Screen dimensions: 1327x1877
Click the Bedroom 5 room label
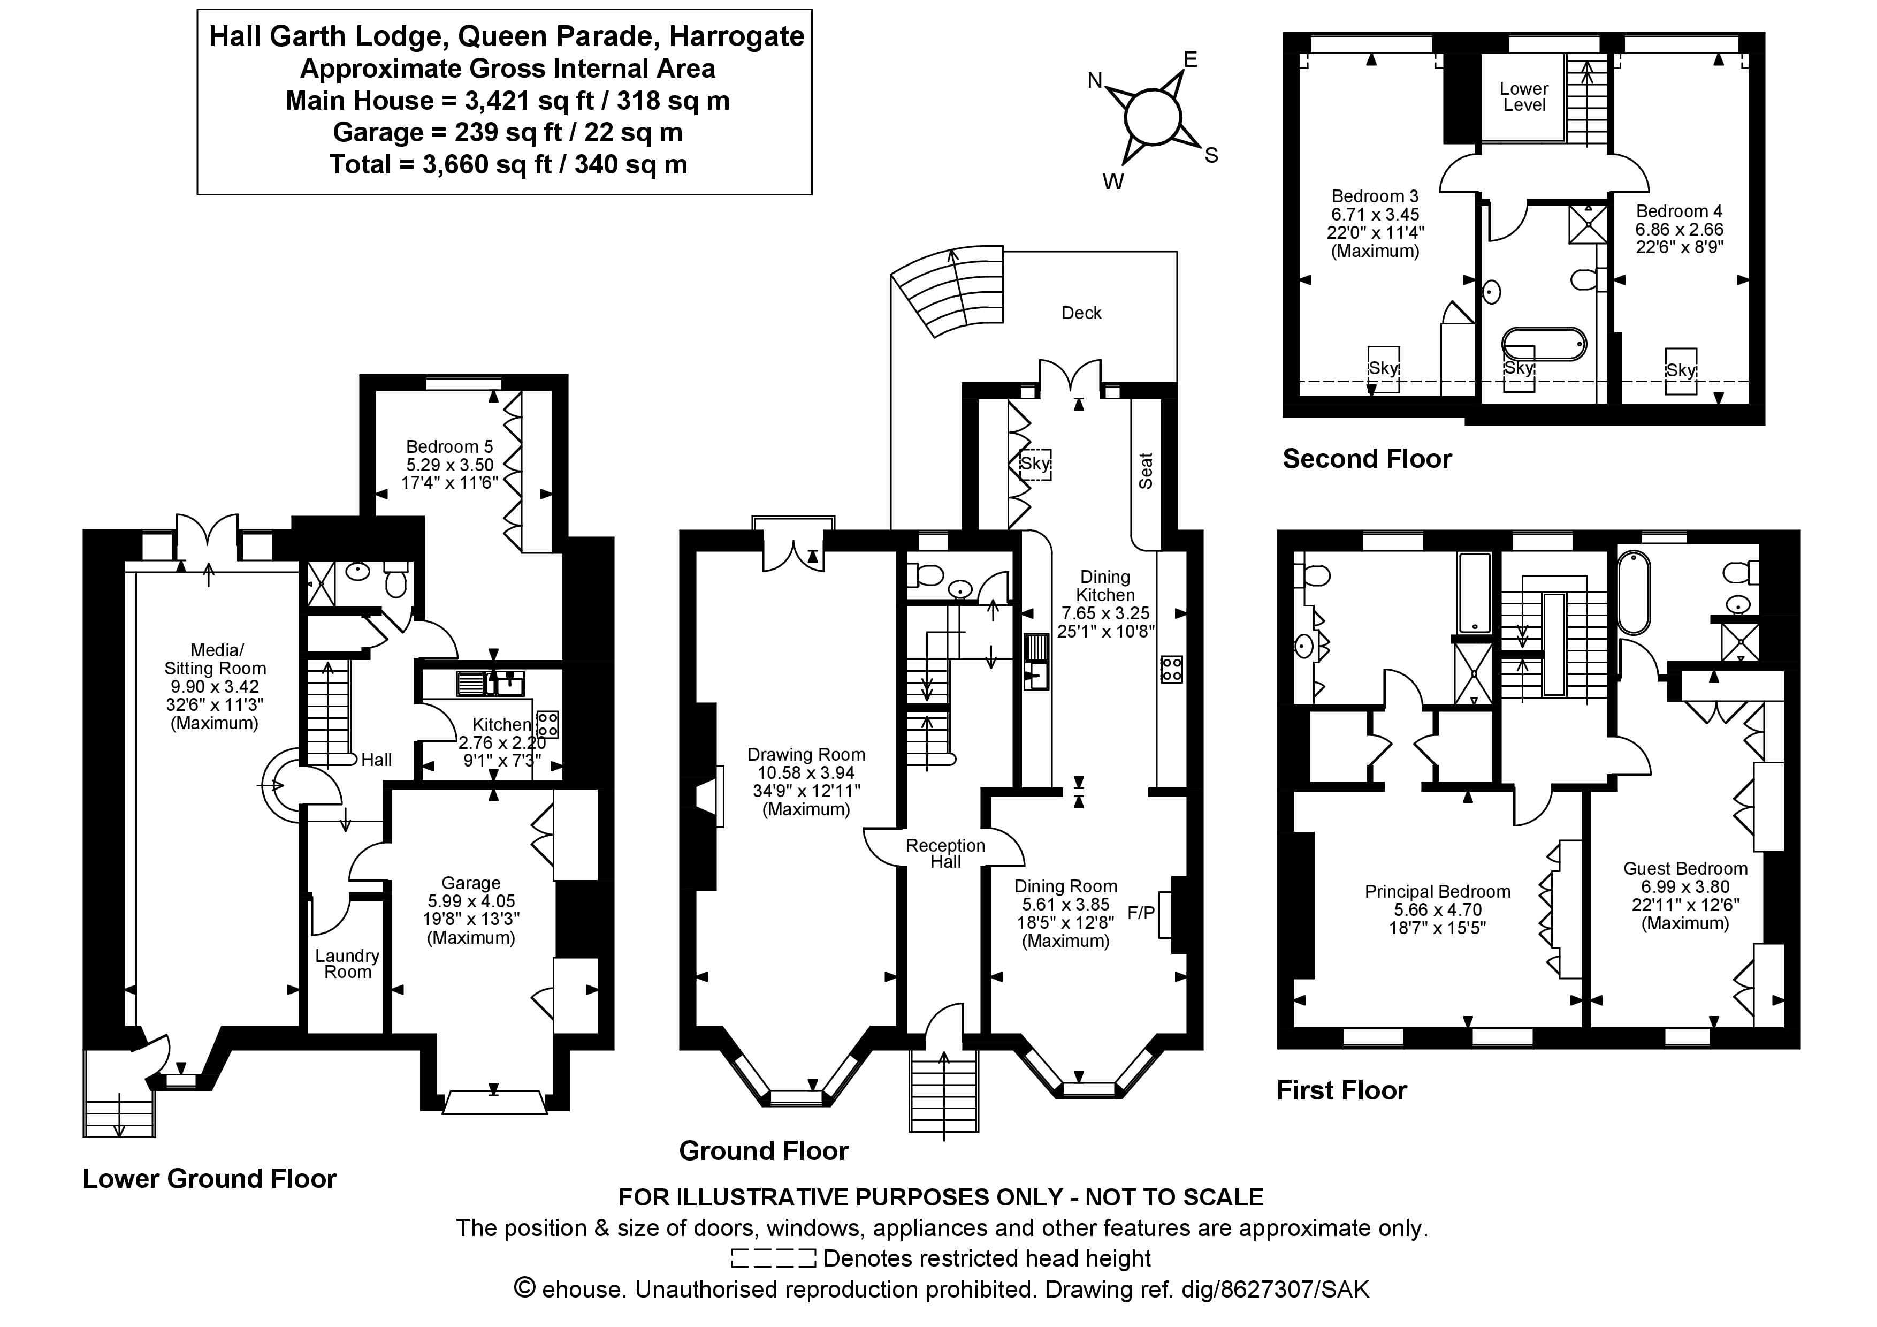(449, 447)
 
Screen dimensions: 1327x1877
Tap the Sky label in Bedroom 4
(1680, 370)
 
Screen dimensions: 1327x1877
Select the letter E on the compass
(1191, 60)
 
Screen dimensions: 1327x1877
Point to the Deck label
(1081, 313)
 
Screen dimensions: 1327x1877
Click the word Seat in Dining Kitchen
(1146, 471)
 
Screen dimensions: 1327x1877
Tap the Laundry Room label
(347, 964)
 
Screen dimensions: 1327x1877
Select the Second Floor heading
(1366, 459)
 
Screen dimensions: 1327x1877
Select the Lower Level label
(1524, 96)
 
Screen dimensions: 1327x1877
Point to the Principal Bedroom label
(1437, 892)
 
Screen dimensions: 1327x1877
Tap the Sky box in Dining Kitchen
(1035, 464)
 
